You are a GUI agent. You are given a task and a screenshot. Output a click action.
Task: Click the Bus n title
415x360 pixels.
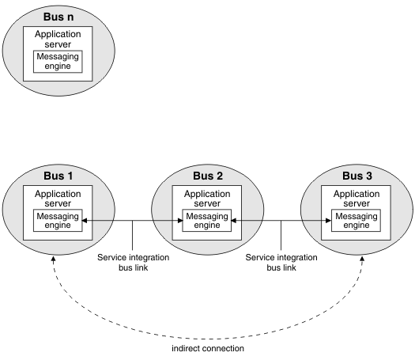click(x=58, y=17)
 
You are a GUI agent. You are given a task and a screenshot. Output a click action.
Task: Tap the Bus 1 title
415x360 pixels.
click(x=58, y=176)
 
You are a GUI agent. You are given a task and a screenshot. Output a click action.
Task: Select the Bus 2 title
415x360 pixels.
click(x=208, y=176)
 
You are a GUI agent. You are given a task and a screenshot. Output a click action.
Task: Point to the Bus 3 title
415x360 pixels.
click(x=357, y=176)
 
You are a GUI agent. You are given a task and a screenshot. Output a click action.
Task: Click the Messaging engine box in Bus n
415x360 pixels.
click(x=58, y=62)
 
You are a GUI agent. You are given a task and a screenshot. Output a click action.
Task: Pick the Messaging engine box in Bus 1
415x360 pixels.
click(x=58, y=221)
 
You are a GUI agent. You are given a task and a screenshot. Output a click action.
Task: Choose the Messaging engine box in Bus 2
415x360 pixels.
click(x=206, y=221)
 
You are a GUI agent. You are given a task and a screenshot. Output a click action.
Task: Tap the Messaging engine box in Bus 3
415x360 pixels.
click(x=356, y=221)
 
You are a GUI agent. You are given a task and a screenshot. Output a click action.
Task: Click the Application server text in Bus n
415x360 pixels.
click(x=58, y=39)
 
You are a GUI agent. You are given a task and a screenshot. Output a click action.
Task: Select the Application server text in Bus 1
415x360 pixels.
click(x=58, y=199)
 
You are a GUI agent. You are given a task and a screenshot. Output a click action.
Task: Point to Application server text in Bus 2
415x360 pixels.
click(x=207, y=199)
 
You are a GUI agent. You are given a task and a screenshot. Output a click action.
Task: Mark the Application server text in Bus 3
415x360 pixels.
click(x=357, y=199)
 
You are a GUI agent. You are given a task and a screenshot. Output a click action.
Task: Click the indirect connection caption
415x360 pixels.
click(x=208, y=348)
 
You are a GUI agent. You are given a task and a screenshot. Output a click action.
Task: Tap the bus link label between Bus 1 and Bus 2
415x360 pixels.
click(x=133, y=263)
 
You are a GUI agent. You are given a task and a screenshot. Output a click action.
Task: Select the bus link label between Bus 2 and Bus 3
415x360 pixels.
click(x=281, y=263)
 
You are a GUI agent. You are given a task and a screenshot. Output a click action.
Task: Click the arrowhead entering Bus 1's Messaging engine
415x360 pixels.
click(x=85, y=221)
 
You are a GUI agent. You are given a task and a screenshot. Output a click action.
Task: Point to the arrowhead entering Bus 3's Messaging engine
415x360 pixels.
click(x=329, y=221)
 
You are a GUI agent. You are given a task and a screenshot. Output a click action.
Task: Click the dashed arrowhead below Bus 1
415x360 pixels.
click(x=54, y=259)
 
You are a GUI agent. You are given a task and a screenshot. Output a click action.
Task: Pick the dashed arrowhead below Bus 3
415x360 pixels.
click(x=362, y=258)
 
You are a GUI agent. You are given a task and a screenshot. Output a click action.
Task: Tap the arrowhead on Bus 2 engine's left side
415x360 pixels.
click(x=180, y=221)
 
